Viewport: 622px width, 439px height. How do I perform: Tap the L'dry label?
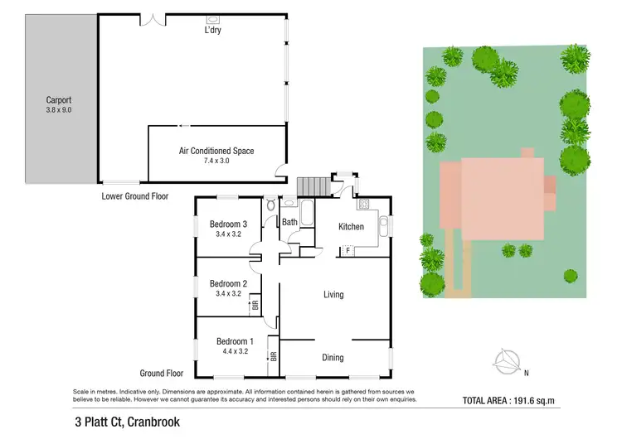[213, 30]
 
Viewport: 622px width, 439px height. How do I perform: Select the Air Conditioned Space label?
[216, 151]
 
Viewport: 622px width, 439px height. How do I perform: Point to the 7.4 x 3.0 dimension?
[216, 161]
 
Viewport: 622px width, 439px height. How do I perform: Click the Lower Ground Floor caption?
[135, 196]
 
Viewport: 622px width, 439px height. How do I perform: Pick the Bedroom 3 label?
[228, 224]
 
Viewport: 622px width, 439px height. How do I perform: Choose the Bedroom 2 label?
[228, 283]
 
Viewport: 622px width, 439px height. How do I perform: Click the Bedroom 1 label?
[235, 341]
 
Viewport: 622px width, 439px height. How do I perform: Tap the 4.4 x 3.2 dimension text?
[235, 351]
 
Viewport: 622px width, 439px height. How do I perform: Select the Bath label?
[289, 222]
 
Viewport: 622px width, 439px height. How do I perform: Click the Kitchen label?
[352, 226]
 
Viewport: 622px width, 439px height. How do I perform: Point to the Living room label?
[333, 294]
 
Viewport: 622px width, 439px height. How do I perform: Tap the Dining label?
[333, 358]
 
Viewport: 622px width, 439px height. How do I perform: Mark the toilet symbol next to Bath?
[271, 205]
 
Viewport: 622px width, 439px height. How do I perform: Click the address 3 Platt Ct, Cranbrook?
[126, 422]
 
